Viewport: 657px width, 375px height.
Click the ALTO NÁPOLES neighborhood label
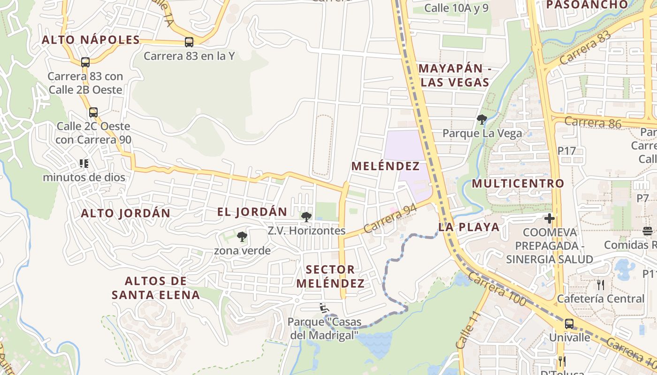pyautogui.click(x=91, y=40)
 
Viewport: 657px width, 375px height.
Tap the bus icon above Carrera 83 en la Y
pyautogui.click(x=189, y=42)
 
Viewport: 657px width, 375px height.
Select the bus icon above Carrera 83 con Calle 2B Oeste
pyautogui.click(x=85, y=62)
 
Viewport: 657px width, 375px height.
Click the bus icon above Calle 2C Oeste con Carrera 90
pyautogui.click(x=93, y=112)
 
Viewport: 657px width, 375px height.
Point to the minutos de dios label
pyautogui.click(x=84, y=177)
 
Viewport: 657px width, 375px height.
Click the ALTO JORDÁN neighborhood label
pyautogui.click(x=126, y=213)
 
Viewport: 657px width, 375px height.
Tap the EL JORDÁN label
pyautogui.click(x=252, y=212)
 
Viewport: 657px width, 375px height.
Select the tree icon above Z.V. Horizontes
pyautogui.click(x=306, y=217)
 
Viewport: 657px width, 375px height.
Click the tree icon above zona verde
pyautogui.click(x=242, y=237)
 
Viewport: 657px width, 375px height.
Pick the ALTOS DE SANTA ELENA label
pyautogui.click(x=156, y=288)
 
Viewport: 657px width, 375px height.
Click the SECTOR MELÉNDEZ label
pyautogui.click(x=330, y=277)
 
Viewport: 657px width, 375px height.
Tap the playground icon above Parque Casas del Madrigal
pyautogui.click(x=323, y=307)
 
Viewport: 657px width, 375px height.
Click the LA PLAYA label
pyautogui.click(x=469, y=227)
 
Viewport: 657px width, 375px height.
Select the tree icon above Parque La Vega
pyautogui.click(x=481, y=120)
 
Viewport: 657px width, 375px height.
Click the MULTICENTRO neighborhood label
pyautogui.click(x=518, y=183)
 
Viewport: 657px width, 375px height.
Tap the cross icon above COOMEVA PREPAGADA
pyautogui.click(x=550, y=218)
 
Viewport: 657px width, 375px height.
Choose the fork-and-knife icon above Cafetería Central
pyautogui.click(x=600, y=285)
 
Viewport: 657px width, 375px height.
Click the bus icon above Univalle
pyautogui.click(x=569, y=323)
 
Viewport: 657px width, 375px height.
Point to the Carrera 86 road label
pyautogui.click(x=593, y=123)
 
